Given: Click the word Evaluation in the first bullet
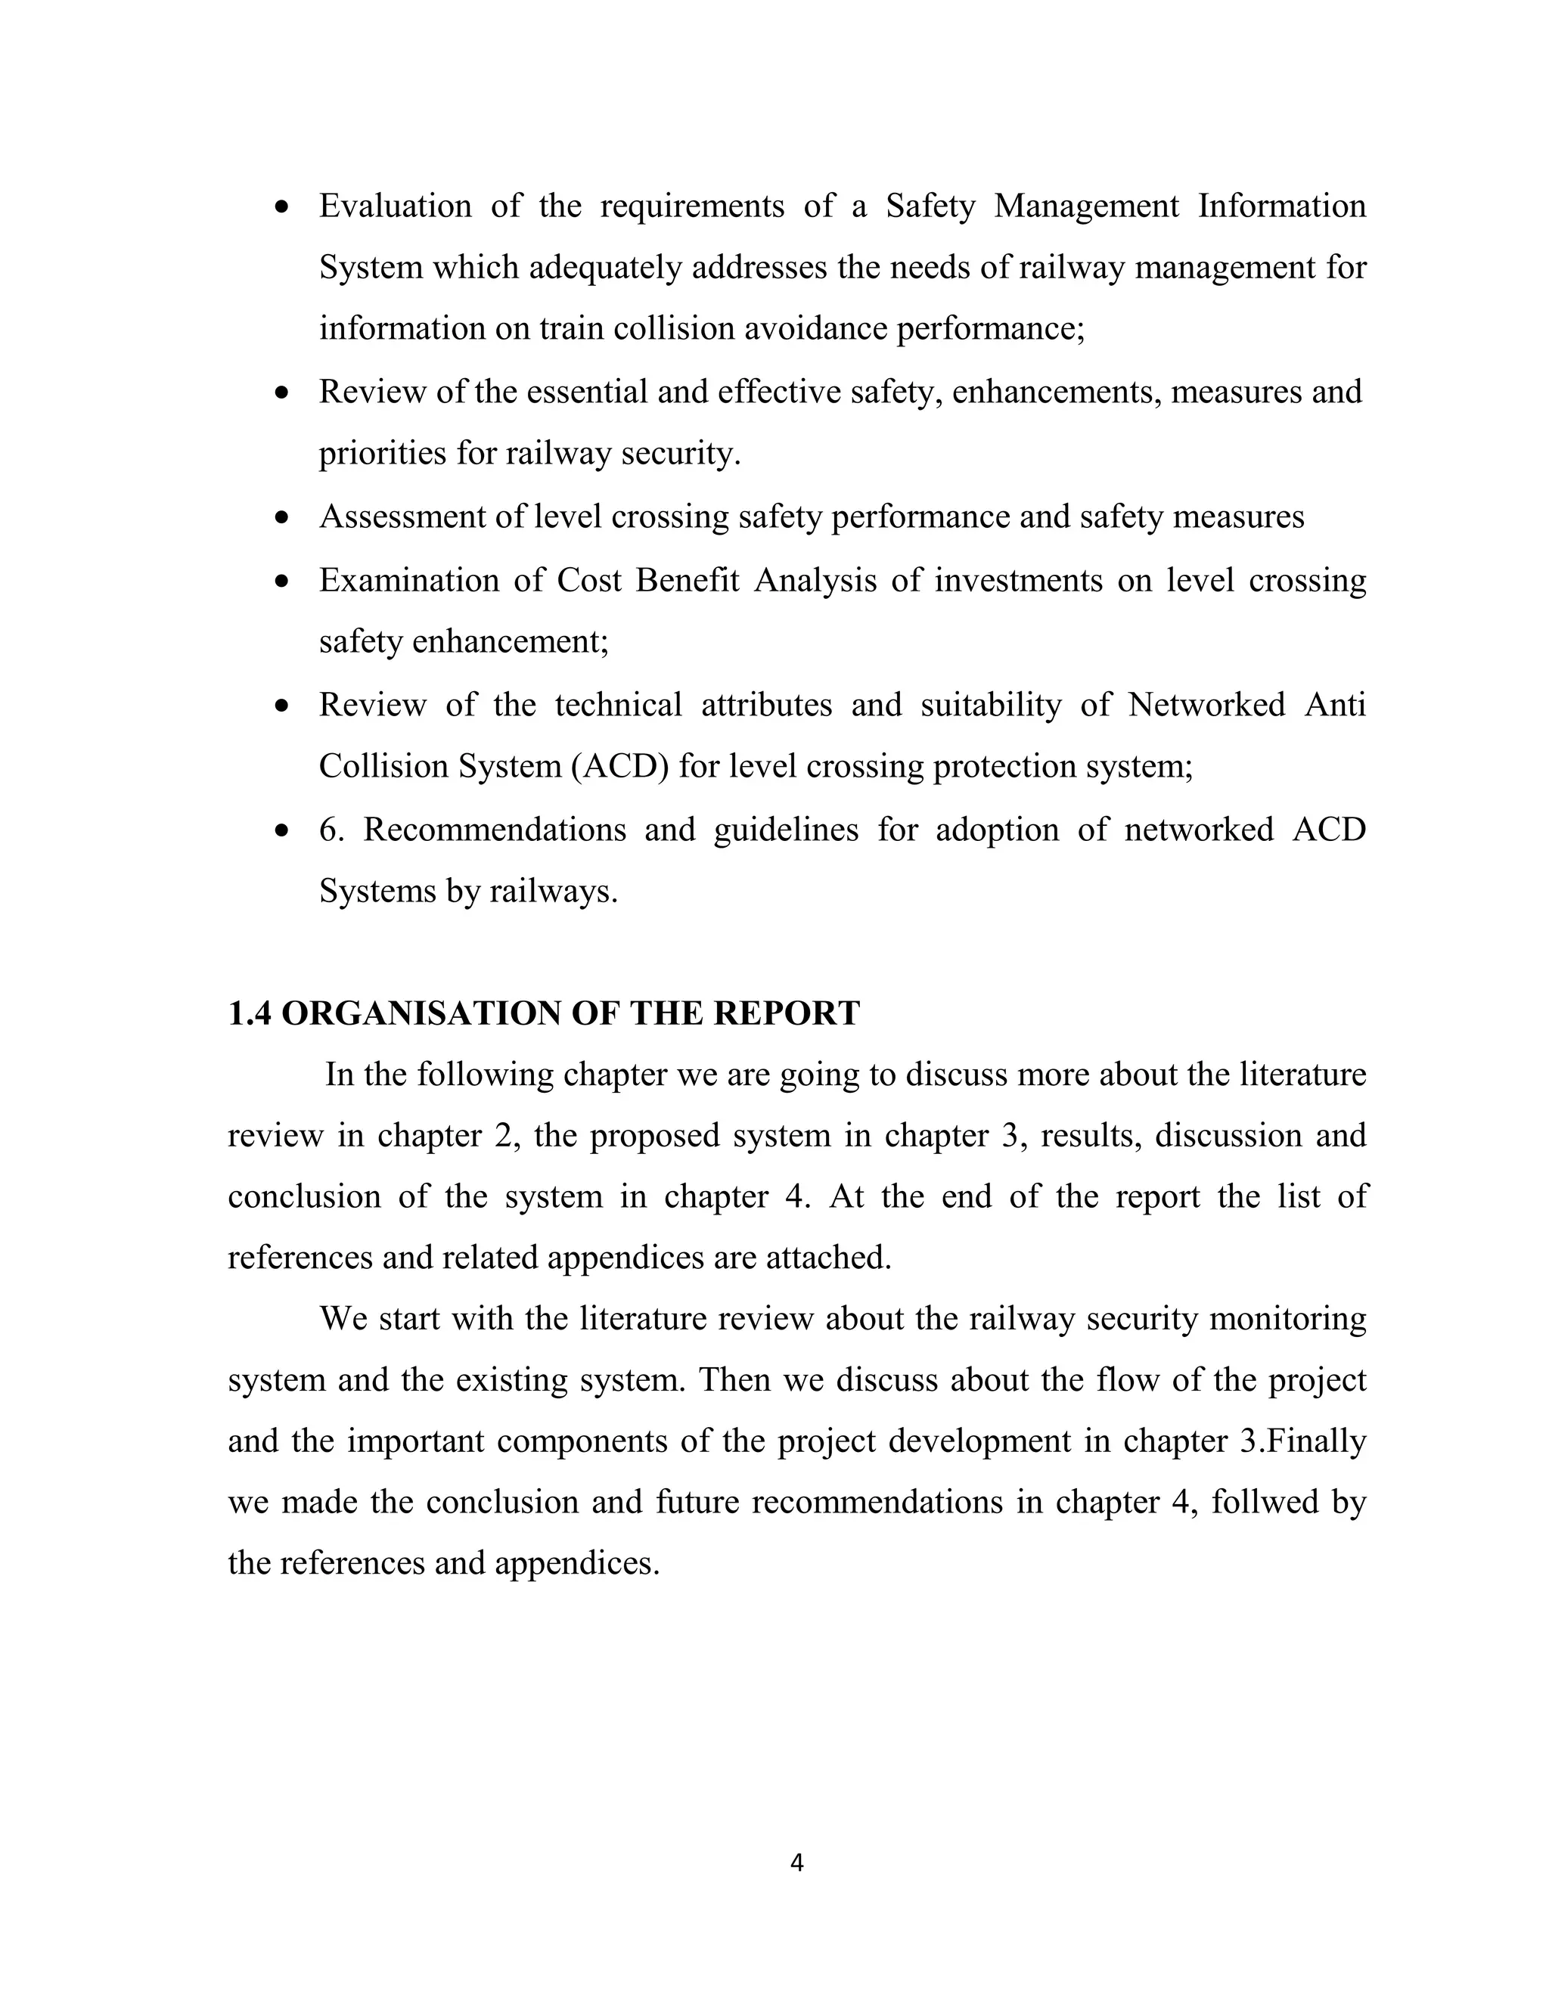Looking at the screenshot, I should point(395,206).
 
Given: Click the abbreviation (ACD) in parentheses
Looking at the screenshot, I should point(620,766).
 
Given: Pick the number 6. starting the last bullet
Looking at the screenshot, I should point(331,830).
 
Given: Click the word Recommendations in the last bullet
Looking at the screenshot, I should point(494,830).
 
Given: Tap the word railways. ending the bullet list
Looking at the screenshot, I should point(554,891).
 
